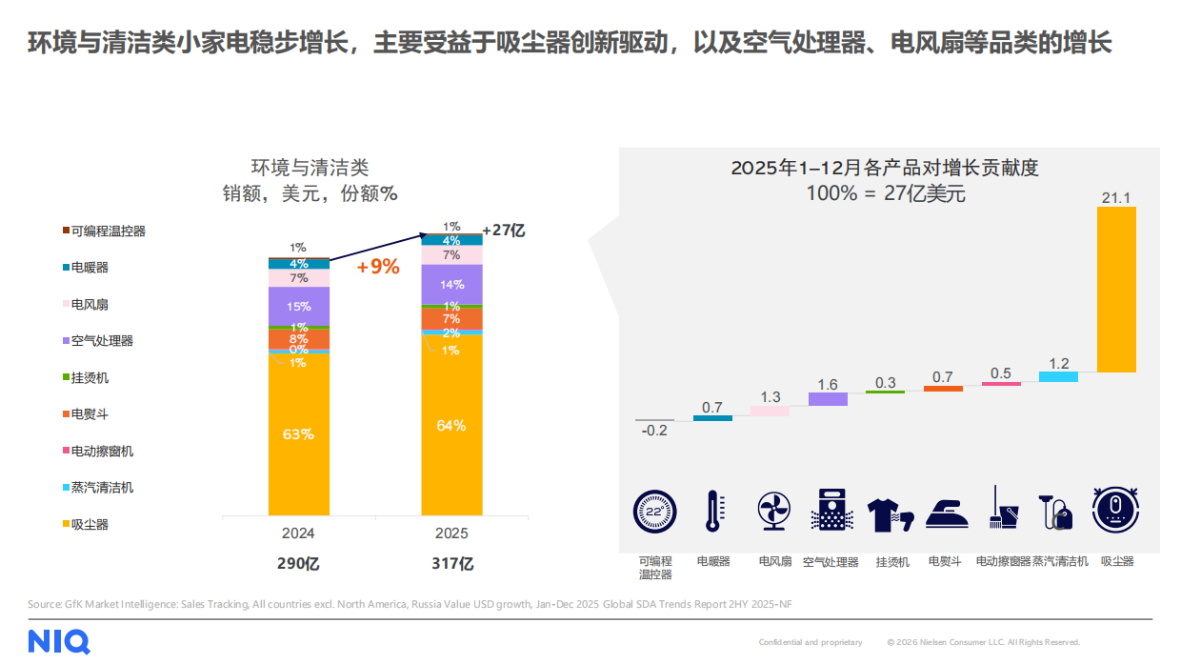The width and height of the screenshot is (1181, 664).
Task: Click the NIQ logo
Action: [59, 641]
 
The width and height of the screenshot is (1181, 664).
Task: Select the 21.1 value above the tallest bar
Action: [1115, 197]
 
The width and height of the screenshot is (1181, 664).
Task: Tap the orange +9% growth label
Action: [378, 267]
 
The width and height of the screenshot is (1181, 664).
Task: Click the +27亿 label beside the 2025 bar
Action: [504, 231]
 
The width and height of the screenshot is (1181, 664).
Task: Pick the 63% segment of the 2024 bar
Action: [298, 434]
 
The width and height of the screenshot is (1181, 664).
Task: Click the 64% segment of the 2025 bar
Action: [451, 426]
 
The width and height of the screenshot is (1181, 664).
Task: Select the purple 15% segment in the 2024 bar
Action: [298, 307]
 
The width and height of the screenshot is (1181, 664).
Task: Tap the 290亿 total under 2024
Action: [298, 563]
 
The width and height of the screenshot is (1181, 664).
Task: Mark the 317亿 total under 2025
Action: [451, 563]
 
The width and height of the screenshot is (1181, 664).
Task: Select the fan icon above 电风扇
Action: [772, 511]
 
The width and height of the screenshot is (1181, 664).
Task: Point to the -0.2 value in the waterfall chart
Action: [654, 431]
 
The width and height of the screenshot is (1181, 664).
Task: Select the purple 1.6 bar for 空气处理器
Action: [828, 399]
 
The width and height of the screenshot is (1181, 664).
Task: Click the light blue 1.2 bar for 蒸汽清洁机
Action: [1058, 376]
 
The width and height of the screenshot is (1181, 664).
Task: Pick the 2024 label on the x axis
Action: [298, 533]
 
